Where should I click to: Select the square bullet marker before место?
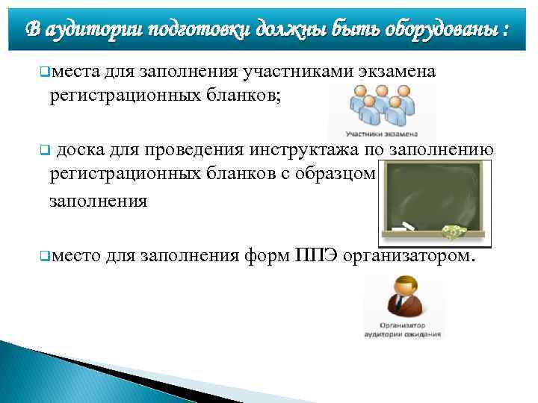43,257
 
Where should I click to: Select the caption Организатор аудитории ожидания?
403,331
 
